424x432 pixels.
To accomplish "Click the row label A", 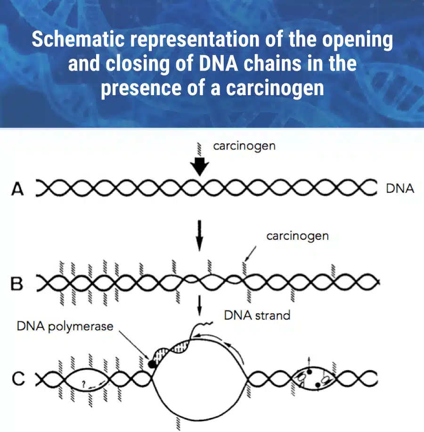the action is [17, 189].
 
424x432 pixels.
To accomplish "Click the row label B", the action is [16, 284].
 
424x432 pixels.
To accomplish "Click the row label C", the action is [18, 379].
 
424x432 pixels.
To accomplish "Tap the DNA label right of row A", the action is [400, 189].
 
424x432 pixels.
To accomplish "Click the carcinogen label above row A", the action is [244, 146].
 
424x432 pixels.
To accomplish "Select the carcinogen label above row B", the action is [298, 236].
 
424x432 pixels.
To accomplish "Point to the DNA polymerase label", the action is [65, 326].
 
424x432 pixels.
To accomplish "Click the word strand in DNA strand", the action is [273, 316].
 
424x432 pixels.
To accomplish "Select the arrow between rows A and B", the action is [199, 236].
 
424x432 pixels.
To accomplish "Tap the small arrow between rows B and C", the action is [199, 306].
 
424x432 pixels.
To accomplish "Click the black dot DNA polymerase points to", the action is [152, 364].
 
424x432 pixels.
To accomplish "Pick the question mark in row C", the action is [84, 383].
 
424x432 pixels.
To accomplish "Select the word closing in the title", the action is [137, 64].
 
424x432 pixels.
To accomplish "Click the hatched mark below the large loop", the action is [178, 423].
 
